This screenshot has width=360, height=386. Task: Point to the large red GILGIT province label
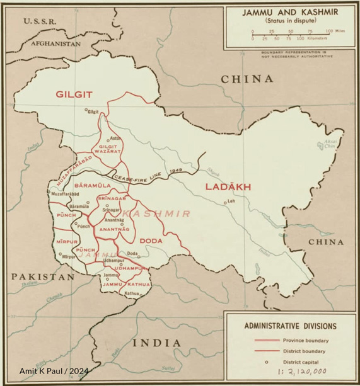[74, 94]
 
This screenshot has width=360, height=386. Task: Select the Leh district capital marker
[224, 202]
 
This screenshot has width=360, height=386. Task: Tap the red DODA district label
[151, 241]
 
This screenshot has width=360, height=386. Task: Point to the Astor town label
[115, 138]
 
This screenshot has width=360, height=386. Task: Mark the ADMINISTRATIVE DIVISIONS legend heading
[290, 326]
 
